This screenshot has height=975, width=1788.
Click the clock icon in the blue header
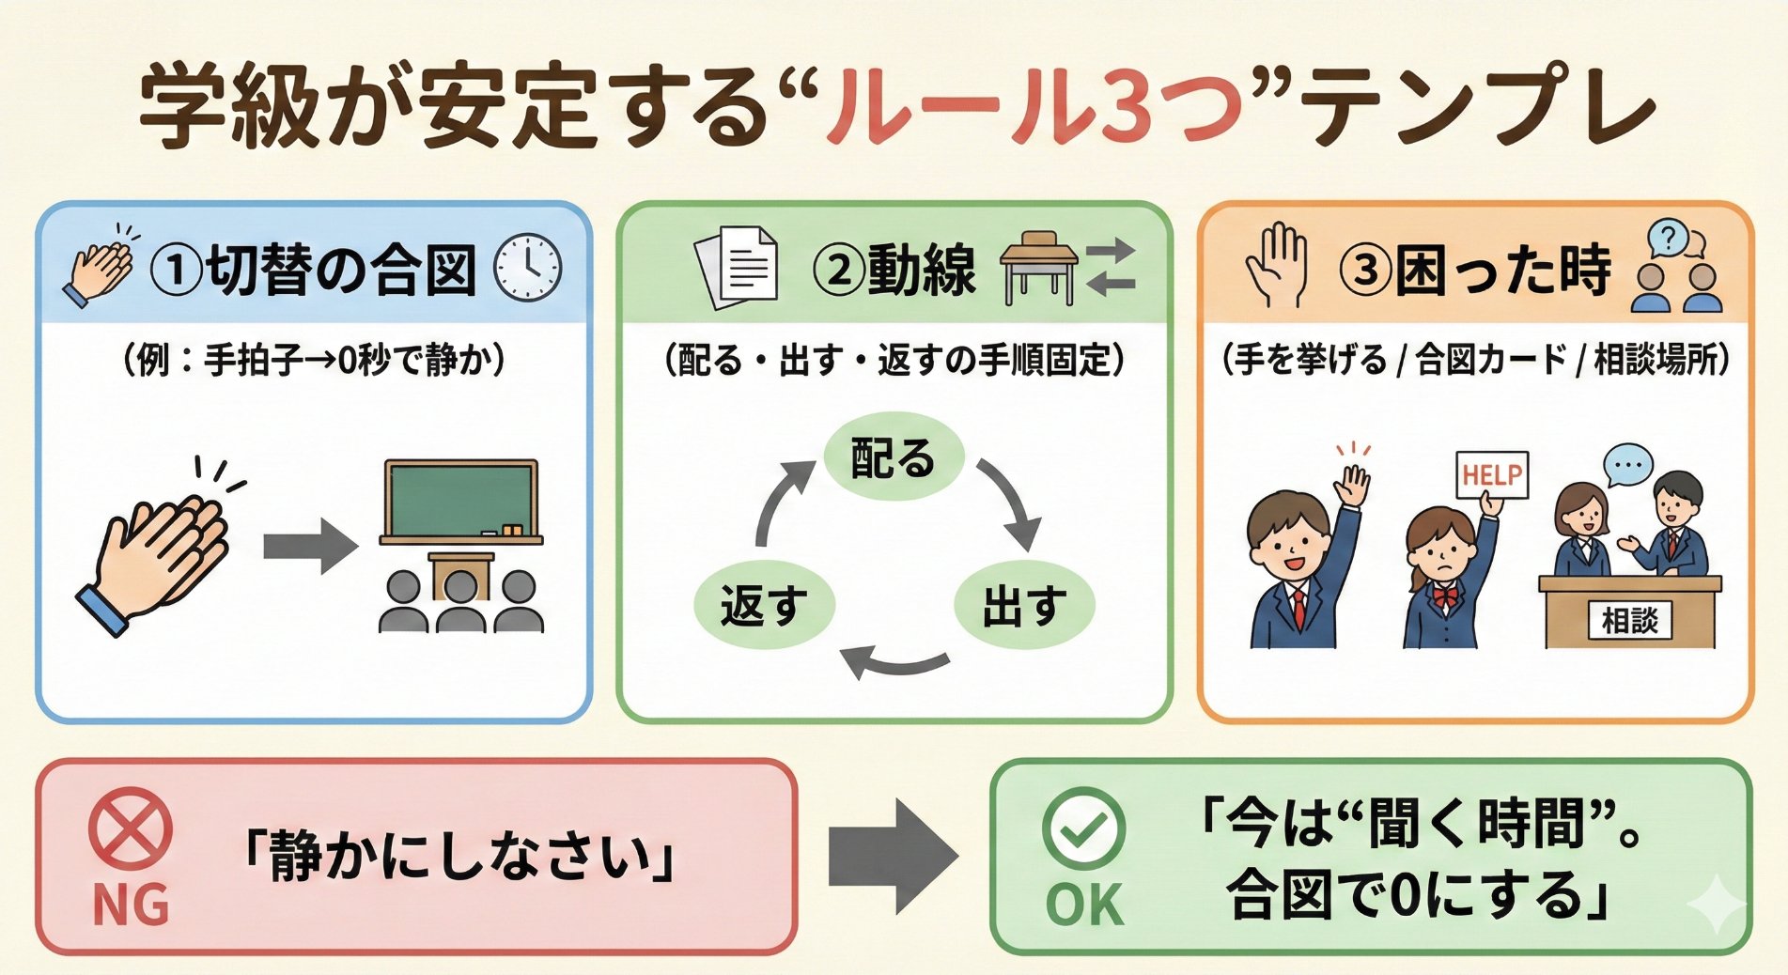point(528,268)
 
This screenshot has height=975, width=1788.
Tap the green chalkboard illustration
point(460,501)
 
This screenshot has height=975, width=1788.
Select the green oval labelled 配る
point(894,458)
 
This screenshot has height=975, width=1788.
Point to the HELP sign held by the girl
point(1491,475)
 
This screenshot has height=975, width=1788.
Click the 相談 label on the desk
point(1630,620)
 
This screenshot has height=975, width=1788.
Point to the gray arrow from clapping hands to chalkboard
point(310,546)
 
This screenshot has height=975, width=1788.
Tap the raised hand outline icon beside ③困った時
point(1276,265)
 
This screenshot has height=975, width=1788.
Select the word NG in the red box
point(131,905)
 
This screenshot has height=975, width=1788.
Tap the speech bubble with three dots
point(1627,466)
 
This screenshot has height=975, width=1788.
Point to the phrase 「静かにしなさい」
point(459,858)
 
